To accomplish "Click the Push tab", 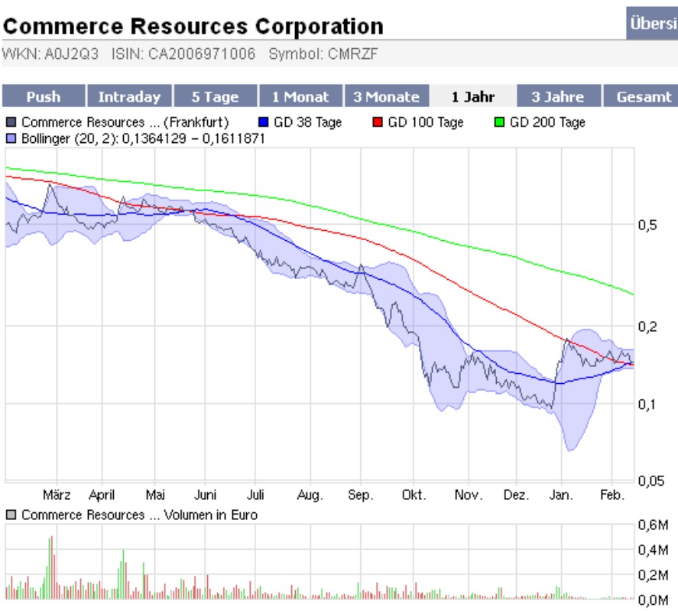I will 43,97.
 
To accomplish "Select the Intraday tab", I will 129,97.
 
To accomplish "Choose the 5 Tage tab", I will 215,97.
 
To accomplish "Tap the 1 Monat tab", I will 300,97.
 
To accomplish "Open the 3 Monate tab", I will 386,97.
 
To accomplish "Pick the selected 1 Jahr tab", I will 472,97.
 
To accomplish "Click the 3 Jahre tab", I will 558,97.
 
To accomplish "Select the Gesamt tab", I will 644,97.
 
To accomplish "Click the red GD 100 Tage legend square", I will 378,122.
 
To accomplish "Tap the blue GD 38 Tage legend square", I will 264,122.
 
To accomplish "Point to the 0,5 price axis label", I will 646,225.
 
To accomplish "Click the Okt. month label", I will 414,496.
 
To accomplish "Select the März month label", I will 57,496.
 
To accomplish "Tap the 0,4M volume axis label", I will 654,549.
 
